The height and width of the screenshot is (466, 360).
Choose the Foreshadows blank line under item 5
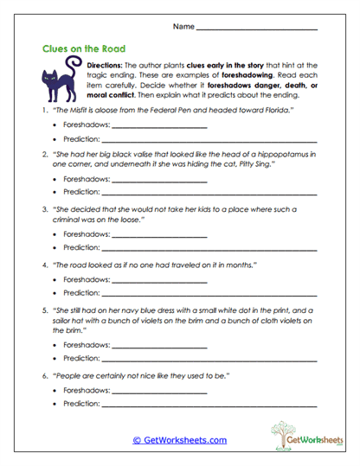pos(154,345)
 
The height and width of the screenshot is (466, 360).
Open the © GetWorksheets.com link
pos(179,440)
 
